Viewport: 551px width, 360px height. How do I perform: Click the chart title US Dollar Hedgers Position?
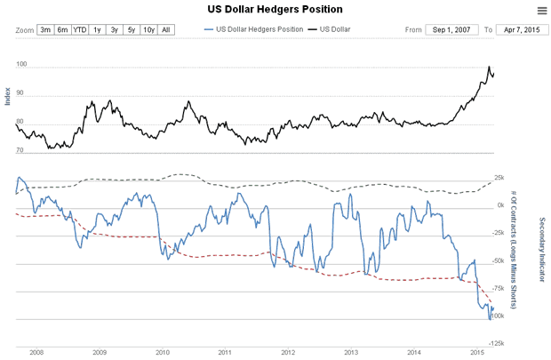[x=275, y=10]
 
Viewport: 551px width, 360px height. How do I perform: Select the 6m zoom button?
[x=62, y=29]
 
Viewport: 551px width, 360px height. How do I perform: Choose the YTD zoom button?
[x=80, y=29]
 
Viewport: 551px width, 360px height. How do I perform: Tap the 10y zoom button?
[x=149, y=29]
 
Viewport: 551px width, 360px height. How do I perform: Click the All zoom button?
[x=166, y=29]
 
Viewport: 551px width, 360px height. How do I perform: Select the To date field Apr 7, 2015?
[x=521, y=29]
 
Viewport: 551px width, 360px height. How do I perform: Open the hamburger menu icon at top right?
[x=541, y=11]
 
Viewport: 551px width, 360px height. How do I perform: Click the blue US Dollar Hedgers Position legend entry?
[x=252, y=29]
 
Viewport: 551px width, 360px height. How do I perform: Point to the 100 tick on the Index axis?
[x=21, y=66]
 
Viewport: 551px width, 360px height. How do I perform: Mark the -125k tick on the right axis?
[x=499, y=343]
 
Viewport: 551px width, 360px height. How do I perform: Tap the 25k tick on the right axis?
[x=499, y=178]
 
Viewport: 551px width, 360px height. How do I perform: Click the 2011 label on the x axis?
[x=225, y=352]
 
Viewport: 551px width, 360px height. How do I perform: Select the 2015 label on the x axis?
[x=475, y=352]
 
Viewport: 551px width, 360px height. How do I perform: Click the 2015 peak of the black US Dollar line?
[x=489, y=67]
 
